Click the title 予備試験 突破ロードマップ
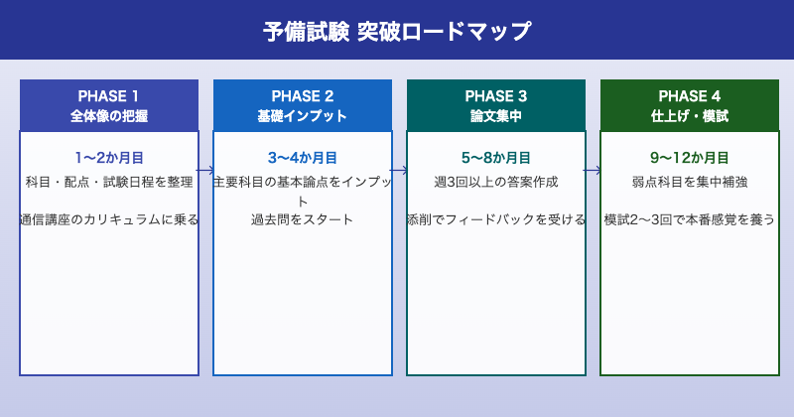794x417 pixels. tap(397, 31)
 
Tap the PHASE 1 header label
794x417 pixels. tap(109, 96)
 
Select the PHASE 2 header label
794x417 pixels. tap(303, 96)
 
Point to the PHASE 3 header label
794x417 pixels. tap(496, 96)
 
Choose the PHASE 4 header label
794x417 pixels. tap(690, 96)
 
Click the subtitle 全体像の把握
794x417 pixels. tap(109, 116)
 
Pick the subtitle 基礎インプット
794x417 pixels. tap(303, 116)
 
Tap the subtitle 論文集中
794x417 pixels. tap(496, 116)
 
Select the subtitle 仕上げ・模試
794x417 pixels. tap(690, 116)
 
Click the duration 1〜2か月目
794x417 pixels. tap(109, 158)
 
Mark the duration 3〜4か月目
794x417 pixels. tap(303, 158)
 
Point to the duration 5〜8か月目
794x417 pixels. tap(496, 158)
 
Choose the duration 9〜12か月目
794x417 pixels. tap(690, 158)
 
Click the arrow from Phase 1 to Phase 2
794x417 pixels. tap(206, 170)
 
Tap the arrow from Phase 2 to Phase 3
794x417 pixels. tap(400, 170)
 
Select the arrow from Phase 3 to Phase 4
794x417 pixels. tap(594, 170)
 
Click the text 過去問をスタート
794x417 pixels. tap(303, 219)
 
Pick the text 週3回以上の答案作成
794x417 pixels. tap(496, 182)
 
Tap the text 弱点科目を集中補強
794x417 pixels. tap(690, 182)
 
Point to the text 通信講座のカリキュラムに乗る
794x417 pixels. tap(109, 219)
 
